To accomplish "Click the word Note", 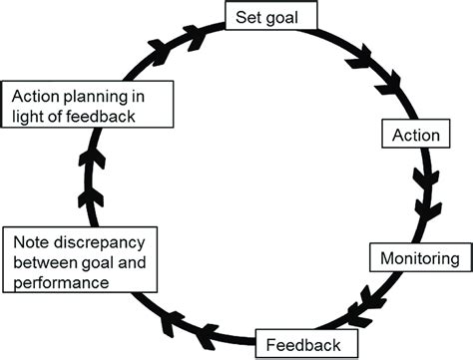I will coord(29,243).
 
